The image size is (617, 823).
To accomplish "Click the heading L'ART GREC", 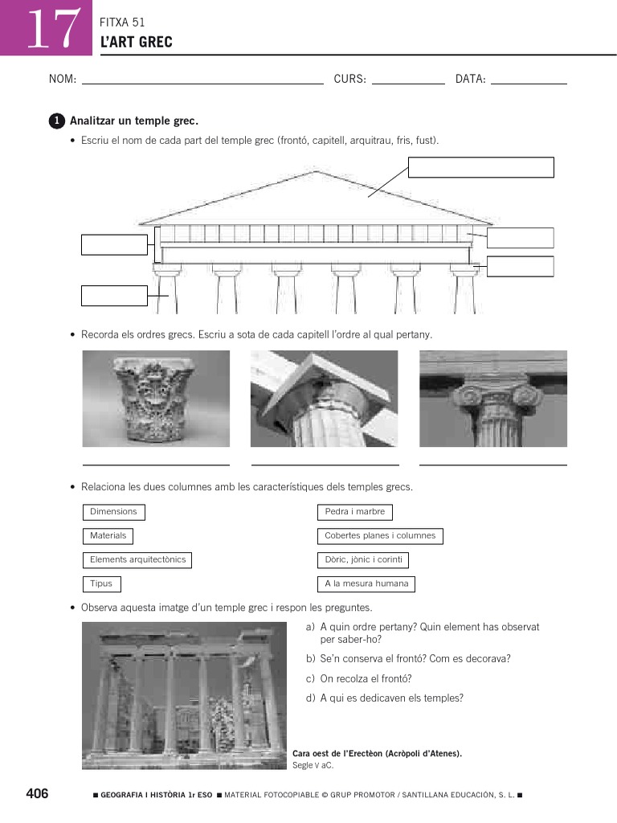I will [x=136, y=42].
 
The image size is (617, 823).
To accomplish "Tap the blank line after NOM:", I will [x=202, y=81].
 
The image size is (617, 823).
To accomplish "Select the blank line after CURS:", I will [x=408, y=81].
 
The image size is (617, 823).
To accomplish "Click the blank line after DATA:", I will [x=529, y=81].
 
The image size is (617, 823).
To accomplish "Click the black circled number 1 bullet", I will [x=55, y=121].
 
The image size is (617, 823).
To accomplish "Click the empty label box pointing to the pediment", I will [x=481, y=167].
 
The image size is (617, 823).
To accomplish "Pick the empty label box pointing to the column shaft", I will [x=114, y=296].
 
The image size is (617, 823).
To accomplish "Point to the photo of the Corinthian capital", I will [x=156, y=399].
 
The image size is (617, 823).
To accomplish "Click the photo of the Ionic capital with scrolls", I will [x=492, y=399].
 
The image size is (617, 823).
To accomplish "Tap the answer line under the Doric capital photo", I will [x=325, y=464].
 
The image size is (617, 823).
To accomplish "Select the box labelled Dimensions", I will [x=113, y=512].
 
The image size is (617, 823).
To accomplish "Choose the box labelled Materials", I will [x=108, y=536].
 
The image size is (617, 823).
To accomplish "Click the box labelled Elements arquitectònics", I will [x=137, y=560].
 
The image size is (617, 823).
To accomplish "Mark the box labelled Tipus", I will [x=101, y=584].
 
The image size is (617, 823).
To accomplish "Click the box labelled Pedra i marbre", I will [x=355, y=512].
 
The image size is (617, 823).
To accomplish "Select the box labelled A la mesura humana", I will [x=366, y=584].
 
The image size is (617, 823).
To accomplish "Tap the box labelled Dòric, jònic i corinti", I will [x=363, y=560].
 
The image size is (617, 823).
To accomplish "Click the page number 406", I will [x=37, y=794].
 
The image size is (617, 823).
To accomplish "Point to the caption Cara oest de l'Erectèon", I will [x=377, y=754].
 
